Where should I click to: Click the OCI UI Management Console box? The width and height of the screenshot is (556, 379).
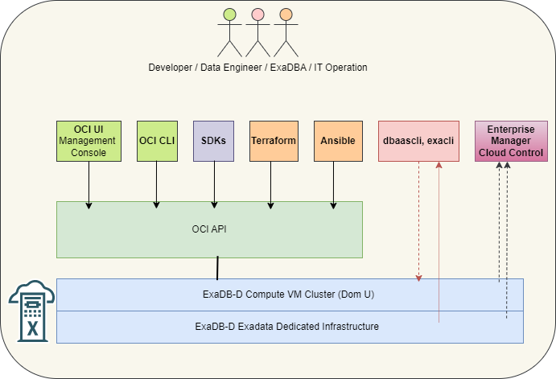(x=89, y=141)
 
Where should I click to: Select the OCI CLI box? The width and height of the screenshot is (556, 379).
(x=157, y=141)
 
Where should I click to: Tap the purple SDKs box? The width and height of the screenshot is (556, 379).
(x=213, y=141)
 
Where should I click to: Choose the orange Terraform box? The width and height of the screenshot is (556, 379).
(x=274, y=141)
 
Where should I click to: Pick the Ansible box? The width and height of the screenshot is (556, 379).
(x=338, y=141)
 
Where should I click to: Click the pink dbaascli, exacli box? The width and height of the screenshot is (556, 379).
(x=418, y=141)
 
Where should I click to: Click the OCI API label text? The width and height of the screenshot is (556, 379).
(x=209, y=229)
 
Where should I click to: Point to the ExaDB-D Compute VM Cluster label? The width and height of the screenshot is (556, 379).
(x=288, y=295)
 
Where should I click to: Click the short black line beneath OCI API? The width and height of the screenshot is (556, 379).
(x=217, y=268)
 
